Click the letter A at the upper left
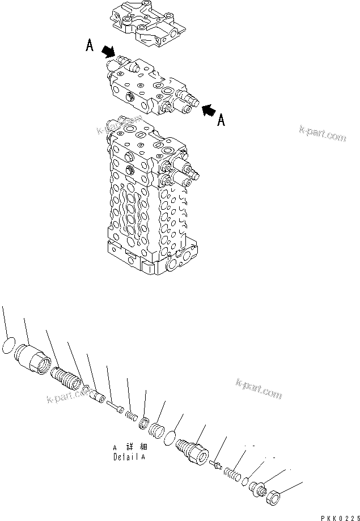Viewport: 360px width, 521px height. click(x=90, y=46)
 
